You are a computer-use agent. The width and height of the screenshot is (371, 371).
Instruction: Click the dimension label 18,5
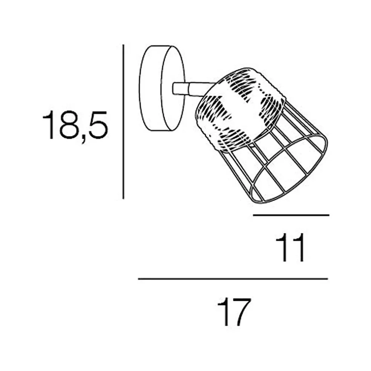[75, 127]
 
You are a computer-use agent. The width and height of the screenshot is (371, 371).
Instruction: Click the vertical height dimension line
[123, 122]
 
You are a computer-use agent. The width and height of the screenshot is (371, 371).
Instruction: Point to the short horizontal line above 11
[291, 215]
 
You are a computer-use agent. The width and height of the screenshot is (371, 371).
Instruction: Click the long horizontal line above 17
[233, 279]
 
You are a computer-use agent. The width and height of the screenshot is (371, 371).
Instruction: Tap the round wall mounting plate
[162, 88]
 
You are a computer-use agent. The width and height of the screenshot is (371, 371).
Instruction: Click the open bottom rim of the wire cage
[290, 170]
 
